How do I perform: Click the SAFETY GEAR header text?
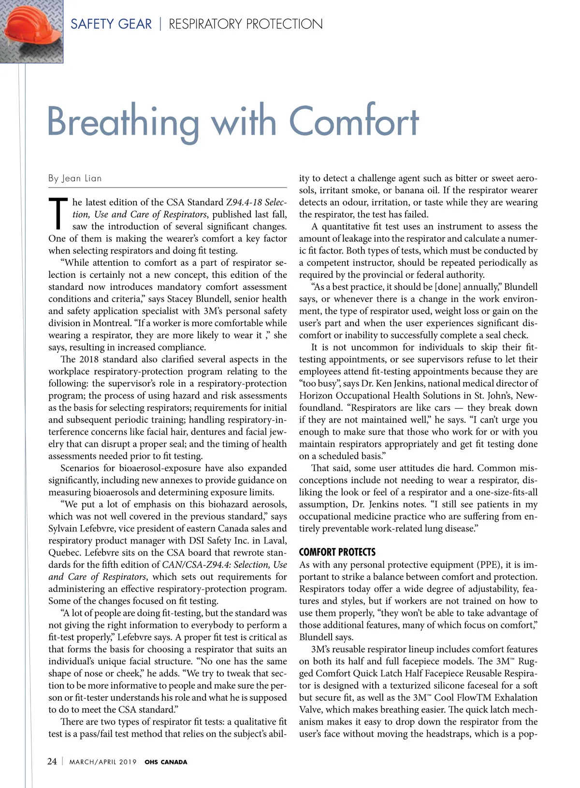(111, 24)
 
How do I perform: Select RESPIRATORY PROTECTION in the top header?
(246, 24)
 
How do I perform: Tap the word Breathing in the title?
(123, 122)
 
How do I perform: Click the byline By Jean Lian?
(75, 178)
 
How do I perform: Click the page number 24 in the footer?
(52, 761)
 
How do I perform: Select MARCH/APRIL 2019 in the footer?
(103, 762)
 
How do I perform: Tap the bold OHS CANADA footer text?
(166, 762)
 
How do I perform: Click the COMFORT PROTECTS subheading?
(337, 552)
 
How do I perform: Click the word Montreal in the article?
(111, 323)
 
